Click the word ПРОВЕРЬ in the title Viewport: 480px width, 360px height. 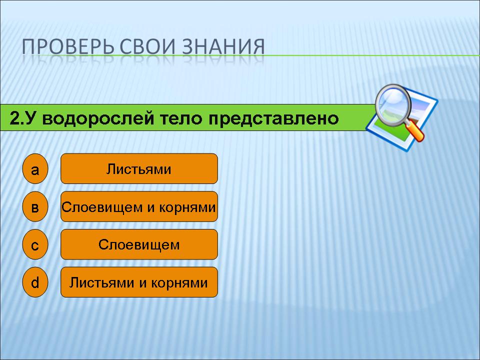click(68, 47)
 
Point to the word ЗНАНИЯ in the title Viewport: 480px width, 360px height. click(223, 47)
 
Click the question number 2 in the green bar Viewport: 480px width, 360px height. click(14, 118)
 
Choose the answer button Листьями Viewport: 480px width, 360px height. click(139, 168)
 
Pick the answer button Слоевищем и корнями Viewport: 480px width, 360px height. click(139, 206)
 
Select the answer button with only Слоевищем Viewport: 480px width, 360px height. click(139, 244)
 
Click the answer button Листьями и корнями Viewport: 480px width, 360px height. click(139, 282)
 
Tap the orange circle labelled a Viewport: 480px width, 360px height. click(35, 168)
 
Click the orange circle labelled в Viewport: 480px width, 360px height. click(35, 206)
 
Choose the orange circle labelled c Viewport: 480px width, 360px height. click(35, 244)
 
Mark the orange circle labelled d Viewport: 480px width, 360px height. click(35, 282)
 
